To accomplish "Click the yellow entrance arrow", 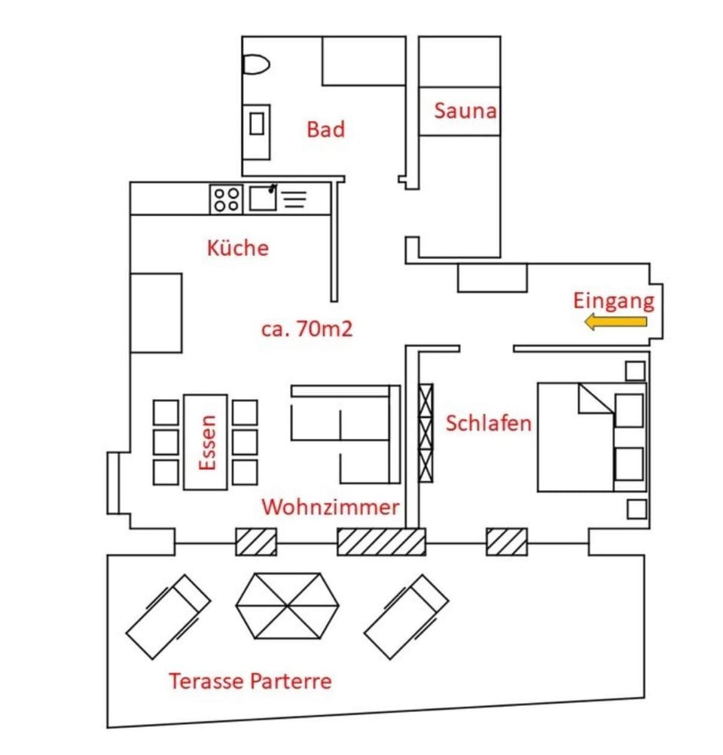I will pos(616,323).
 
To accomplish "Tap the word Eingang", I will pos(613,301).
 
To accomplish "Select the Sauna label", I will pos(465,111).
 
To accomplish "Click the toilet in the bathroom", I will pos(256,65).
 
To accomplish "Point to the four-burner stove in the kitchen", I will pos(226,199).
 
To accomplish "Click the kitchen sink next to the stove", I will pos(263,199).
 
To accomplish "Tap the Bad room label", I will pos(325,129).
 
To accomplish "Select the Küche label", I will pos(237,248).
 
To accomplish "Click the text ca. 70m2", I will pos(307,329).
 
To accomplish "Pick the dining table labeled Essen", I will pos(206,442).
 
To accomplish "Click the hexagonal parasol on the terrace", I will pos(287,605).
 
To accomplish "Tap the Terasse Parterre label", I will pos(250,682).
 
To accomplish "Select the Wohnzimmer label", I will pos(330,507).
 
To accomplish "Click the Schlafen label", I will pos(488,423).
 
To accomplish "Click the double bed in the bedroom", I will pos(591,437).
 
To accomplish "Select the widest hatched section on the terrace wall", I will pos(381,542).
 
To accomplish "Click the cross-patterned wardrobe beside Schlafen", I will pos(426,432).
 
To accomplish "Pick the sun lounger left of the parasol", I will pos(168,616).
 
